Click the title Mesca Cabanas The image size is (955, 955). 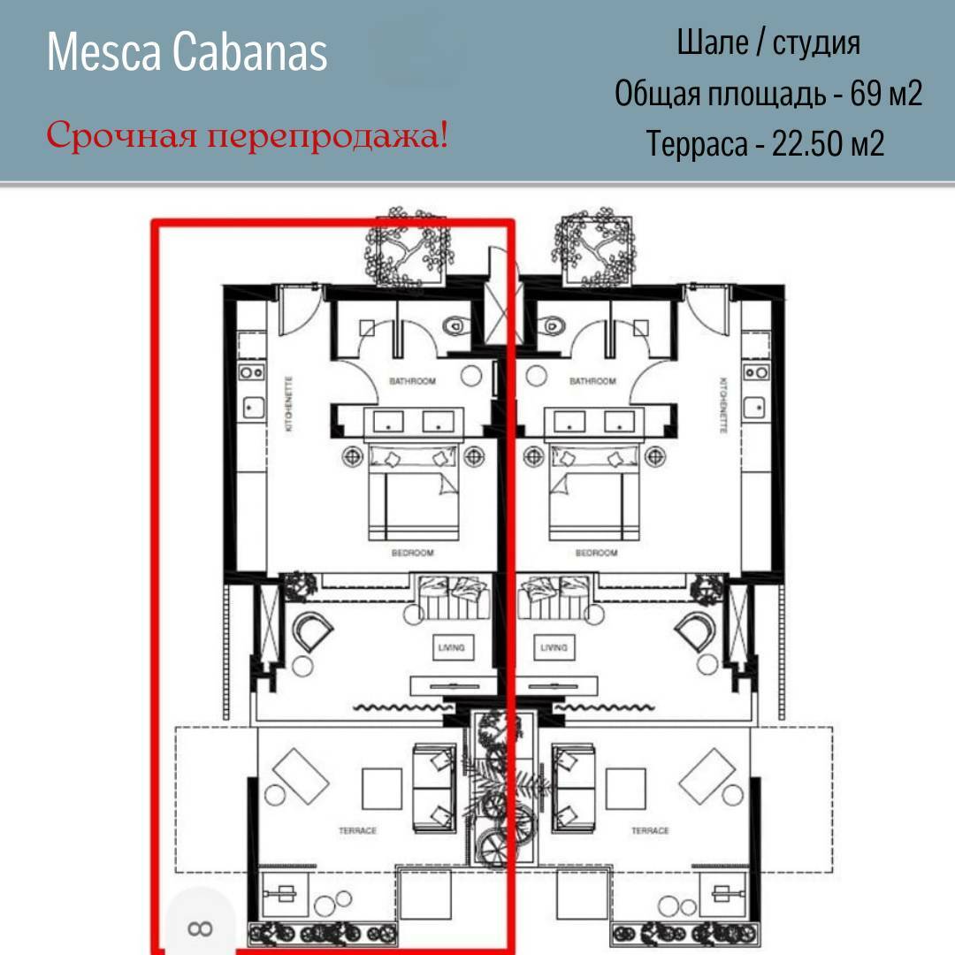click(x=187, y=52)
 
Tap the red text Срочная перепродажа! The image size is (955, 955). click(x=248, y=135)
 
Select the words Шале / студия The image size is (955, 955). click(x=768, y=43)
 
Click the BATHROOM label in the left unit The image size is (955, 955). click(x=412, y=381)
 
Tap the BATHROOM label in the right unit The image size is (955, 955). click(x=592, y=381)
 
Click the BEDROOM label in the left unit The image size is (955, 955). click(x=412, y=553)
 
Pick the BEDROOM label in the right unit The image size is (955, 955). click(x=596, y=553)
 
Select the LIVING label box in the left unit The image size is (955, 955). click(x=451, y=647)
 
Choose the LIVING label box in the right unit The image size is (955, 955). click(x=554, y=647)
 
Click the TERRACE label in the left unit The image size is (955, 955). click(x=357, y=830)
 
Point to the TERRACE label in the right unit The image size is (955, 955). click(x=650, y=830)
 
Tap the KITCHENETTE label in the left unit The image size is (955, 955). click(x=288, y=404)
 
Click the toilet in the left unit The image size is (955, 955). click(x=455, y=326)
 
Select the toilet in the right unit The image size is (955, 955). click(x=551, y=326)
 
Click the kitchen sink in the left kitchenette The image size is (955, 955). click(x=254, y=408)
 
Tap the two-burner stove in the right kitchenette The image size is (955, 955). click(x=756, y=372)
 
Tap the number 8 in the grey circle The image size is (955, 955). click(x=201, y=928)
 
